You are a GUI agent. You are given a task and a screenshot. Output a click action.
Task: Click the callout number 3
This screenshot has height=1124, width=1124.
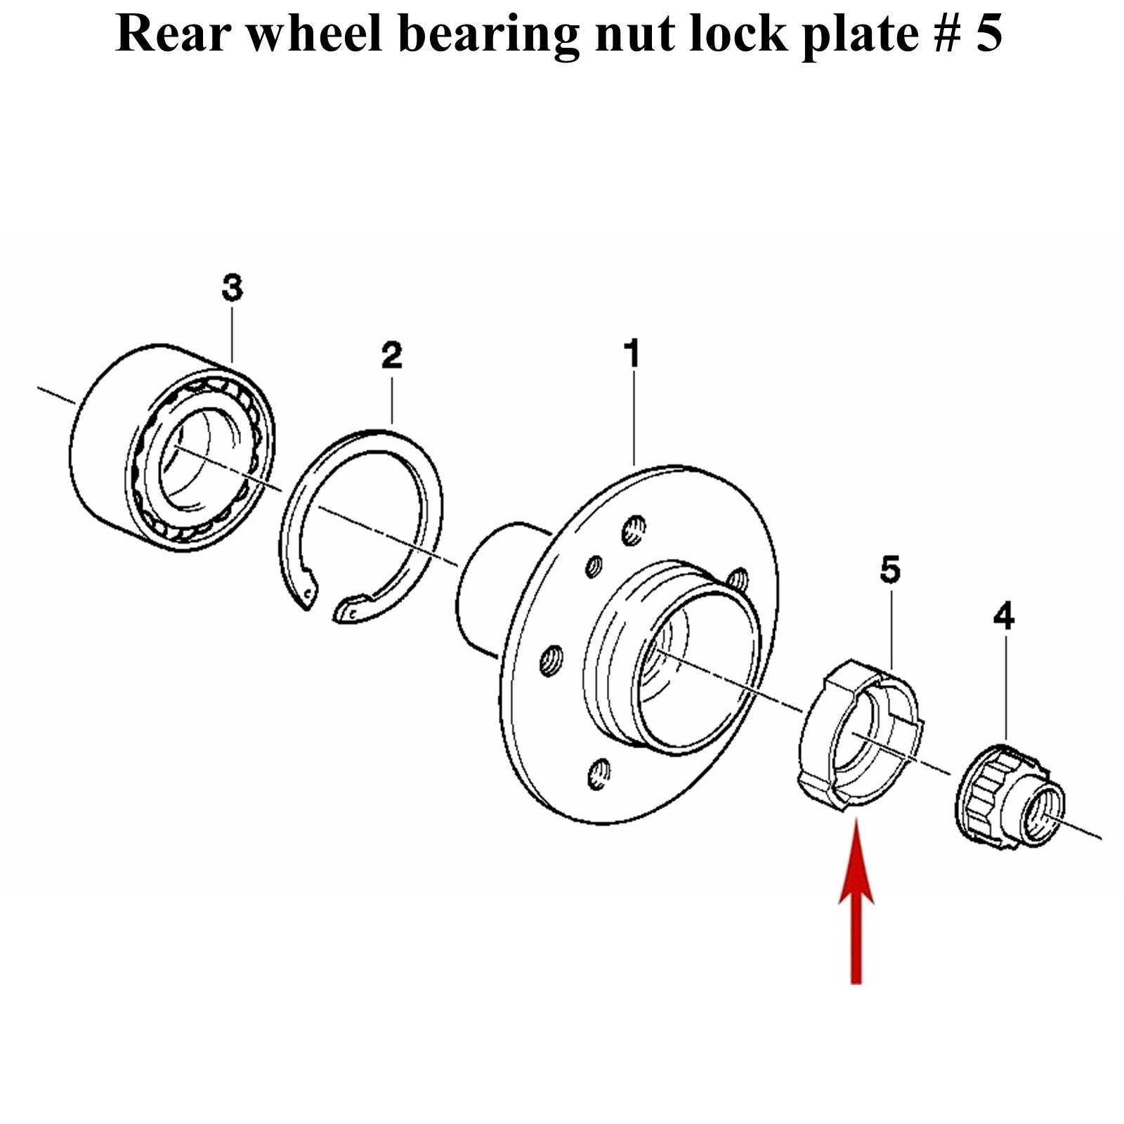(232, 288)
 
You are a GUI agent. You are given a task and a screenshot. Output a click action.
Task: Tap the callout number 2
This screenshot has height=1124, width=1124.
(391, 355)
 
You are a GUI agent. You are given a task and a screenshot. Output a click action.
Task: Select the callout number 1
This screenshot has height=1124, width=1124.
(632, 353)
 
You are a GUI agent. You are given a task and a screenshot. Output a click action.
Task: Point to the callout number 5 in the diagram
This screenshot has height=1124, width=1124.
(889, 570)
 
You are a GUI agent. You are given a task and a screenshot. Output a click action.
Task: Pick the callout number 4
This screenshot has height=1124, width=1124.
(1004, 617)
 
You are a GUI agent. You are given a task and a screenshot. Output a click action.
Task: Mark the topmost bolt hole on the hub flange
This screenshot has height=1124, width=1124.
(634, 530)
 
